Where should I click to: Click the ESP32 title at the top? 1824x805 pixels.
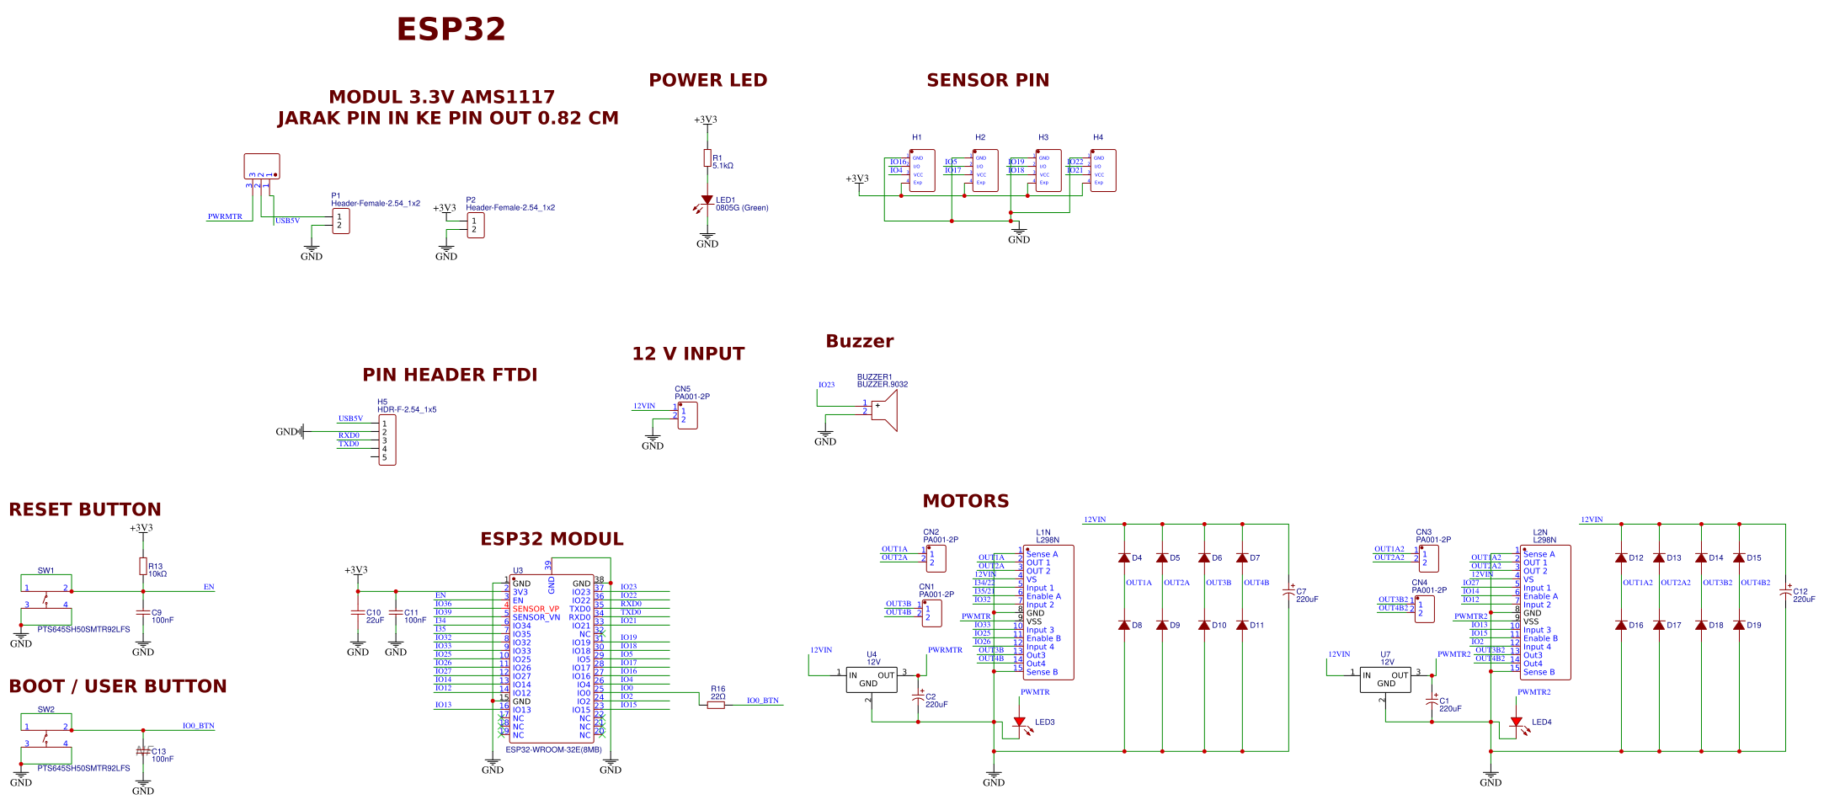click(x=451, y=29)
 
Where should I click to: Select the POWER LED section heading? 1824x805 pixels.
click(x=707, y=80)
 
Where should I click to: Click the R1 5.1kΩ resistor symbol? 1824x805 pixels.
click(x=707, y=158)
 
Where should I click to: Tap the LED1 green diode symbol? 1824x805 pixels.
click(x=707, y=200)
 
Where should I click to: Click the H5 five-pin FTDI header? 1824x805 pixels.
click(x=387, y=440)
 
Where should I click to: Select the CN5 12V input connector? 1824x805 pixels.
click(x=687, y=415)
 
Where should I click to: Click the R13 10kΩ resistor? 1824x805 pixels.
click(x=143, y=566)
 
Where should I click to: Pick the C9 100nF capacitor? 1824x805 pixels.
click(x=143, y=612)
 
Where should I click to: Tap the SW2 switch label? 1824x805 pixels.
click(x=45, y=709)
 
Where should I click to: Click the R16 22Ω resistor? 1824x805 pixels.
click(x=716, y=705)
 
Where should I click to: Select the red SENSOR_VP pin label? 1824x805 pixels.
click(x=536, y=609)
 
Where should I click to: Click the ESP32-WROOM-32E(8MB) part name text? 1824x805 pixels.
click(x=553, y=749)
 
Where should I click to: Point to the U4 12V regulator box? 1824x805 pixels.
click(x=871, y=679)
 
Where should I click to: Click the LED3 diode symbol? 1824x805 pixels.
click(x=1019, y=722)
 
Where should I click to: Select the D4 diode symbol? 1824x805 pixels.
click(x=1124, y=557)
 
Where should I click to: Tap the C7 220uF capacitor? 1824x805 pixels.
click(x=1288, y=592)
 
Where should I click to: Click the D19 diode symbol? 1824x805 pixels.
click(x=1739, y=625)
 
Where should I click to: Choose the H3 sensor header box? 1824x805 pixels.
click(x=1048, y=170)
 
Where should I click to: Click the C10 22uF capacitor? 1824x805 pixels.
click(x=358, y=612)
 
